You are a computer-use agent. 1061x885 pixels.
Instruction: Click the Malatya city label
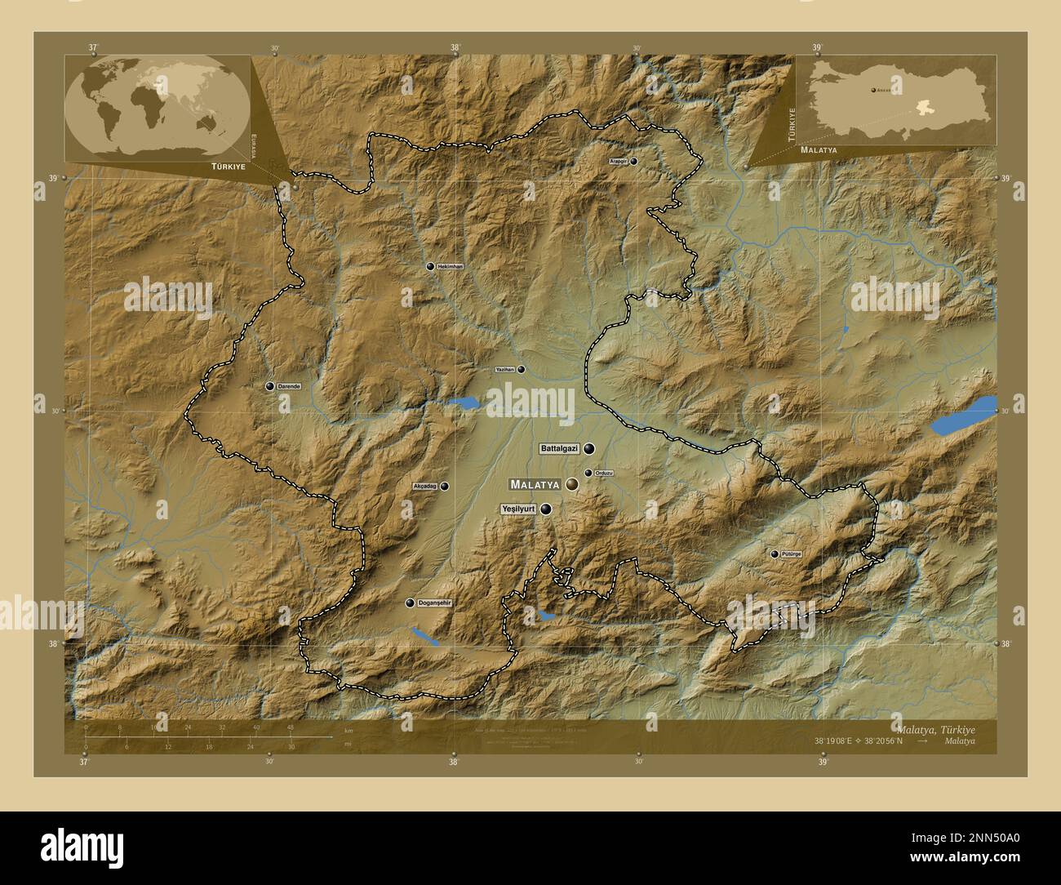(535, 484)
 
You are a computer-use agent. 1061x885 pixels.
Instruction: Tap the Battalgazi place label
(559, 449)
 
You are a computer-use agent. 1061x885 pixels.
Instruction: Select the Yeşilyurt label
(517, 509)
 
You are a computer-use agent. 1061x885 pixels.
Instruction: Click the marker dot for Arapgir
(633, 162)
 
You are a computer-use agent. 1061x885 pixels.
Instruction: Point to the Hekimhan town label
(450, 267)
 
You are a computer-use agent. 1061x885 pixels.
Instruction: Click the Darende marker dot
(269, 386)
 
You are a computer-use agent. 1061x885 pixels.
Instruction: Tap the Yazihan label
(505, 370)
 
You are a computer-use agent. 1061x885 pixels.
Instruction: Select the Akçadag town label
(425, 487)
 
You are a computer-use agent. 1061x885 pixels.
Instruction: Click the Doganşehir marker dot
(410, 603)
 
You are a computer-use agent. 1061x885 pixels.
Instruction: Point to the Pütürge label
(792, 554)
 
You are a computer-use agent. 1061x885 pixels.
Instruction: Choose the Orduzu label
(604, 474)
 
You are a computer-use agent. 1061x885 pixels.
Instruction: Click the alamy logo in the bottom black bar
(82, 847)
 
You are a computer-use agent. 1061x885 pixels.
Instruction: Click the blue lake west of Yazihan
(463, 402)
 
